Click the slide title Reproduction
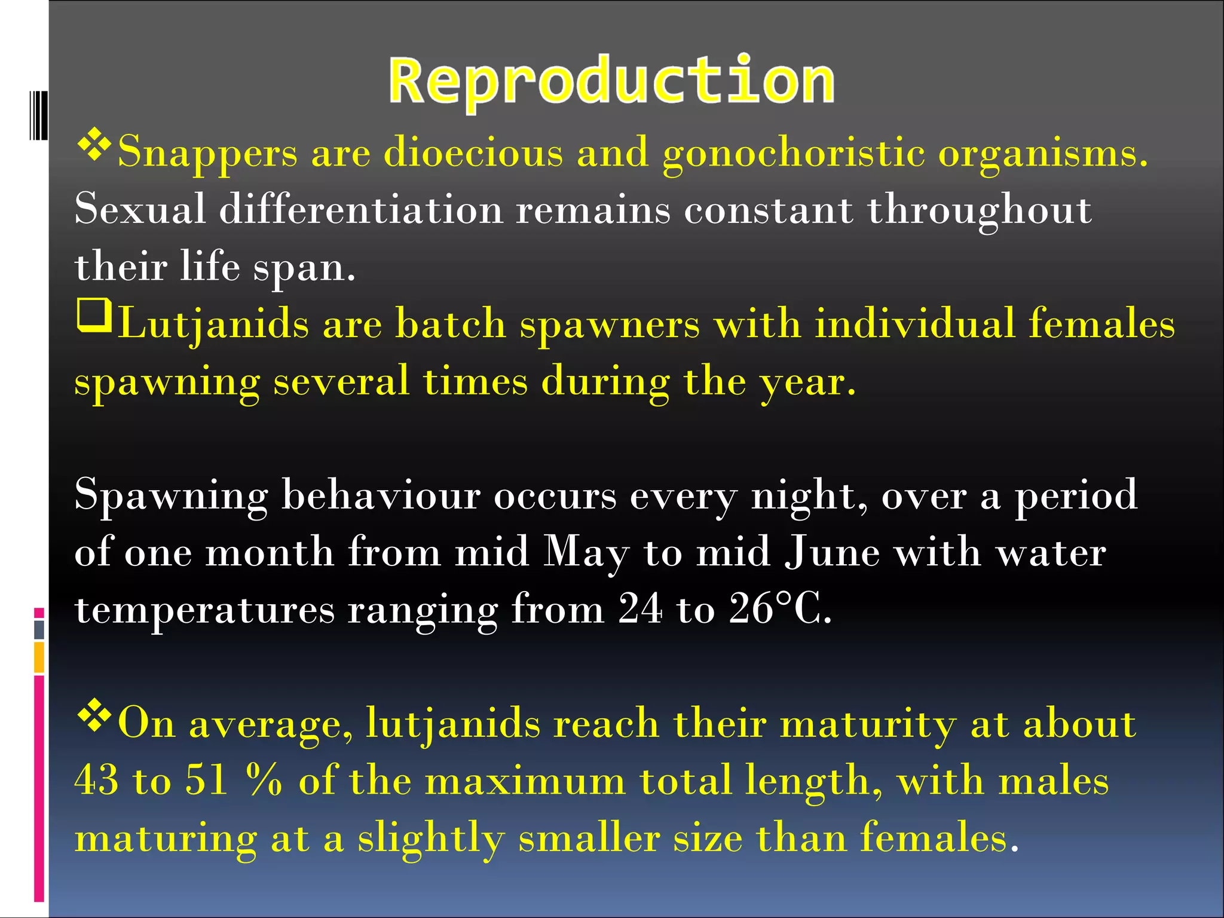click(611, 81)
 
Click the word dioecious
click(473, 152)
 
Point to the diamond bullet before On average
click(94, 717)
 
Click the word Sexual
click(140, 209)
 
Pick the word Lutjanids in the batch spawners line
click(213, 325)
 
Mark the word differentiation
click(361, 209)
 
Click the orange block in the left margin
click(39, 657)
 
